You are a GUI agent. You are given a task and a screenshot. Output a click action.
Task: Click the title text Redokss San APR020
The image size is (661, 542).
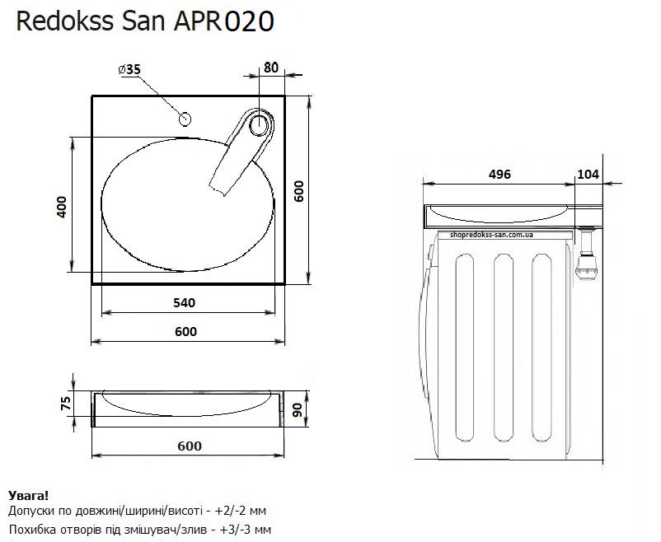pyautogui.click(x=145, y=21)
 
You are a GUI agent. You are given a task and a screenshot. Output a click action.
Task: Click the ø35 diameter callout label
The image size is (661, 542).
pyautogui.click(x=129, y=69)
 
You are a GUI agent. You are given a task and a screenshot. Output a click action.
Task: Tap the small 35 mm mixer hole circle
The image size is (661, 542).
pyautogui.click(x=185, y=119)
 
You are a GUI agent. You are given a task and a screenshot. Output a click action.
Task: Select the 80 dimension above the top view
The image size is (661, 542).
pyautogui.click(x=271, y=68)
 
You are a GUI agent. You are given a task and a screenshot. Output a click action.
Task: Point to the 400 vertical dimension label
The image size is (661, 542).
pyautogui.click(x=62, y=207)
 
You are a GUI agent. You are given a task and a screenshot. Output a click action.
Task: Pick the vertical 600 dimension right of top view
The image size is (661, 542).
pyautogui.click(x=298, y=191)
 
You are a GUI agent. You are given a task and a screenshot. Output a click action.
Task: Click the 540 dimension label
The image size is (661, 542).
pyautogui.click(x=185, y=302)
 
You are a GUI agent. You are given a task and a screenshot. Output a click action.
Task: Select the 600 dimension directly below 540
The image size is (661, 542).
pyautogui.click(x=186, y=332)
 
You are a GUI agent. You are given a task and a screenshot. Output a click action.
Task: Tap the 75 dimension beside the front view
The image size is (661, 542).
pyautogui.click(x=66, y=404)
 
